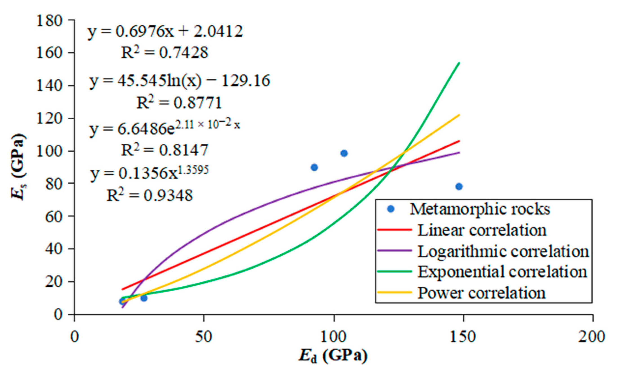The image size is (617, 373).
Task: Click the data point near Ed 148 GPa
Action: (x=459, y=187)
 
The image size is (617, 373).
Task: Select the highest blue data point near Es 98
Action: (x=344, y=153)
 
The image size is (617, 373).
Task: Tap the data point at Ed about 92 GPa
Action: (x=314, y=168)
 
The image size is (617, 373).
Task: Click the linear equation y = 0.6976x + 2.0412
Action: (x=165, y=32)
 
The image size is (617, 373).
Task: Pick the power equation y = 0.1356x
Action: (x=149, y=173)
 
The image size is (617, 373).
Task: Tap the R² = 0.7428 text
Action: (x=165, y=53)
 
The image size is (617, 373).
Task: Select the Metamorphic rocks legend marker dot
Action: (x=391, y=209)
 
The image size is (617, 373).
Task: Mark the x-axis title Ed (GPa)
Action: (x=333, y=356)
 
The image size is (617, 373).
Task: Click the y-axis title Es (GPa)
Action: (x=19, y=166)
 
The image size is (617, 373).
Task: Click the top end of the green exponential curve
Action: (x=459, y=63)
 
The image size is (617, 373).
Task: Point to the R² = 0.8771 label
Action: (x=179, y=103)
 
